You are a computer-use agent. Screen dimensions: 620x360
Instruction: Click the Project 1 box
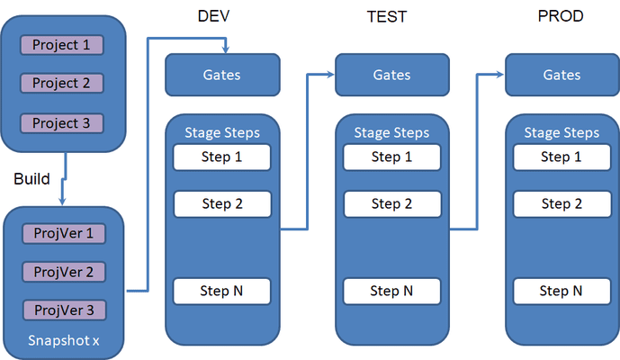[x=62, y=45]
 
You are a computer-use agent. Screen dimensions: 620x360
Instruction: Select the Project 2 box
[x=62, y=83]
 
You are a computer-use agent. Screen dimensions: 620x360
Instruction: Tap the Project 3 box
[x=62, y=123]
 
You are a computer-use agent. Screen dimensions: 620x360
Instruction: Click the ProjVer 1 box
[x=64, y=233]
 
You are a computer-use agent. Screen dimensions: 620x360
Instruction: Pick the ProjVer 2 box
[x=64, y=272]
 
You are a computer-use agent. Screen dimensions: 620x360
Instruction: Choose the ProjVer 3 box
[x=65, y=310]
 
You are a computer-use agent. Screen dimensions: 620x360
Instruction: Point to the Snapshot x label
[x=64, y=340]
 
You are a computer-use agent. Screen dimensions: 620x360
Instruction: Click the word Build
[x=31, y=179]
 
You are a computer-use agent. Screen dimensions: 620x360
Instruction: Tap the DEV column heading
[x=213, y=16]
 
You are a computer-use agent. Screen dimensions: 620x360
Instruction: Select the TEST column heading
[x=387, y=16]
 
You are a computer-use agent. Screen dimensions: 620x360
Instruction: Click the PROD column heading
[x=561, y=16]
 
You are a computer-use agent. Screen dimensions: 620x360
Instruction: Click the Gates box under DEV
[x=222, y=75]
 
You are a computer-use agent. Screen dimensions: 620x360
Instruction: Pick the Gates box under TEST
[x=392, y=75]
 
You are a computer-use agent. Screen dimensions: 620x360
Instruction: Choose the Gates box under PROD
[x=562, y=75]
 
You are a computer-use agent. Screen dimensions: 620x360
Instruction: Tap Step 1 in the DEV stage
[x=222, y=157]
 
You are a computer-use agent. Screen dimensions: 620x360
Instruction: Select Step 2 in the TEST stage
[x=392, y=204]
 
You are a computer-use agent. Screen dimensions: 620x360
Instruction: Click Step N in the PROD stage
[x=562, y=292]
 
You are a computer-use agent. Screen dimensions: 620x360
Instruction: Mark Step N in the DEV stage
[x=222, y=292]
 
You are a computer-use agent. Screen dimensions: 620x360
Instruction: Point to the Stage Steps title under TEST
[x=391, y=132]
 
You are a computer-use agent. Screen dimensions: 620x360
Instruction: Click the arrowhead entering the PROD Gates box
[x=500, y=74]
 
